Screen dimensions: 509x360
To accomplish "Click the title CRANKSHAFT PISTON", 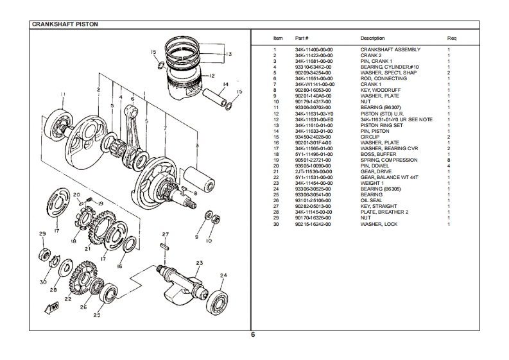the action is tap(65, 24).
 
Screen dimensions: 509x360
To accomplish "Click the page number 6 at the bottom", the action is tap(253, 335).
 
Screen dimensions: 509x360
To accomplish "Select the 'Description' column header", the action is tap(372, 38).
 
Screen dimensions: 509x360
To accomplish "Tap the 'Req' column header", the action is tap(451, 38).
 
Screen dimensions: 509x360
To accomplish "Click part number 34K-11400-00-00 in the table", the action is tap(314, 49).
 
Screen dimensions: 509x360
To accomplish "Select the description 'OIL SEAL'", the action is tap(371, 200).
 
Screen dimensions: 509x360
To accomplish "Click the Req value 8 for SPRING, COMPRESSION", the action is tap(449, 160).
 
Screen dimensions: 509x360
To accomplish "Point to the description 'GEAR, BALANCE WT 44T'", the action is tap(389, 177).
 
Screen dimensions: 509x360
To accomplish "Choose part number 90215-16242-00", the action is tap(313, 224).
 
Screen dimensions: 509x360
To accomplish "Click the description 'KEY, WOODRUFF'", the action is tap(381, 90).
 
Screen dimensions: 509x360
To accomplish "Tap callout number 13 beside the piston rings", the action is tap(229, 54).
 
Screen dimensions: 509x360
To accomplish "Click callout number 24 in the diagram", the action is tap(223, 275).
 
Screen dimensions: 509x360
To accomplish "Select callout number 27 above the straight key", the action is tap(166, 234).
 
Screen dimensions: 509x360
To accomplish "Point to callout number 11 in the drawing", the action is tap(63, 94).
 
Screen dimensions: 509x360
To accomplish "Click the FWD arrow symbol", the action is tap(52, 307).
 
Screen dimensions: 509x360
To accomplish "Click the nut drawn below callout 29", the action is tap(44, 253).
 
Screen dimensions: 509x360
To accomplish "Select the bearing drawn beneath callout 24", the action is tap(217, 302).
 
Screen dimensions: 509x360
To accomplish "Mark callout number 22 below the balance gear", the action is tap(68, 298).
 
